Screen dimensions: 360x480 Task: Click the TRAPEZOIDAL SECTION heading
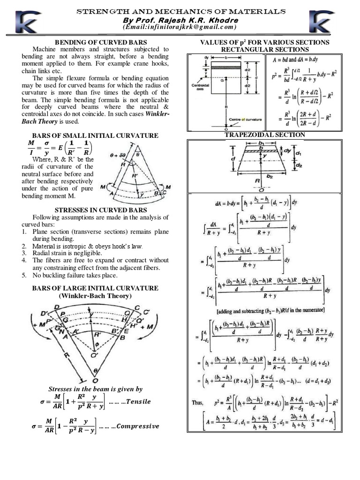click(265, 135)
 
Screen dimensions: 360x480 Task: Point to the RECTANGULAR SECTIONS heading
click(265, 49)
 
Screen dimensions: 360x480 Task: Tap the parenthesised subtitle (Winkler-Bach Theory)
click(95, 296)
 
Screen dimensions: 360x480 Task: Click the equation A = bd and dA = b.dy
click(301, 60)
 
